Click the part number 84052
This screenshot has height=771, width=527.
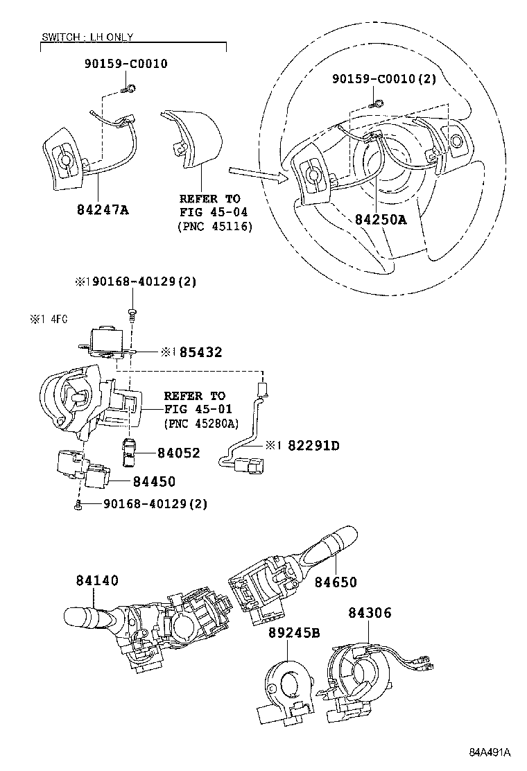pos(178,453)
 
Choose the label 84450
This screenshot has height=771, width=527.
pos(154,481)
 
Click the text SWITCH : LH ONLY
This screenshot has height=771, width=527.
pos(87,37)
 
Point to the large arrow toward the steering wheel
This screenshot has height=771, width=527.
pos(257,174)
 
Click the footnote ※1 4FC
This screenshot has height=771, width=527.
pos(49,320)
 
